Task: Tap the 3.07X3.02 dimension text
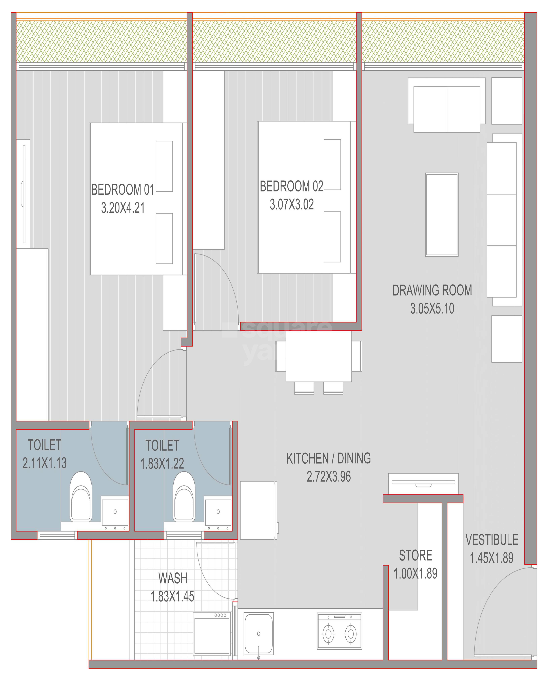(x=291, y=205)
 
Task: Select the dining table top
(x=318, y=356)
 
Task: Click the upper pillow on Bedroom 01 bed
(x=164, y=166)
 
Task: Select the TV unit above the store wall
(x=423, y=483)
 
